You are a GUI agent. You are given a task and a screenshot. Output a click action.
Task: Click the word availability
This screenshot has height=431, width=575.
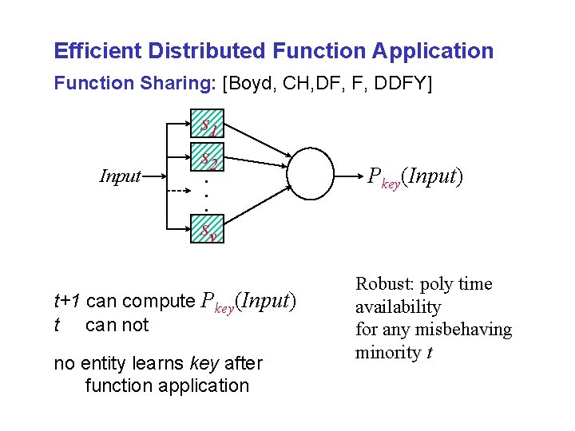click(x=398, y=307)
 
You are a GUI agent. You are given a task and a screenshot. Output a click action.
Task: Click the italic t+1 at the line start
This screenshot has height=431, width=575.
click(x=68, y=302)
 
